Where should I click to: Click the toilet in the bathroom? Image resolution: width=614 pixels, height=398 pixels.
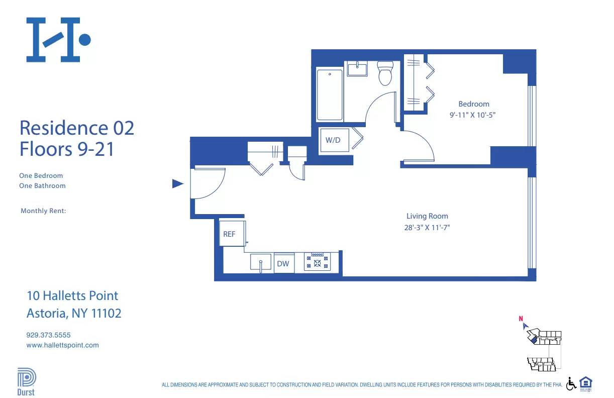pos(385,73)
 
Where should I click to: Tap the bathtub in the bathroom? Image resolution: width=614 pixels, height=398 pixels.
pos(330,95)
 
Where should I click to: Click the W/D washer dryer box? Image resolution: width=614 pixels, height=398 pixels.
pos(333,140)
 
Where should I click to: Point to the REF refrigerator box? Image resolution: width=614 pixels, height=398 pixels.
pos(230,234)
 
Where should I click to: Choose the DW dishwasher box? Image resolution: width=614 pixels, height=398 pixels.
pos(284,263)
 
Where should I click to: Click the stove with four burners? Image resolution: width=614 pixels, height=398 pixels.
pos(317,262)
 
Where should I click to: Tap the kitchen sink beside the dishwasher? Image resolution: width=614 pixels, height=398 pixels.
pos(261,262)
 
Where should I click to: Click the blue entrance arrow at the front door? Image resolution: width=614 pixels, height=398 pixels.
pos(177,184)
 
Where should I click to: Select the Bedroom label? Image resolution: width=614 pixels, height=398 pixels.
pos(473,104)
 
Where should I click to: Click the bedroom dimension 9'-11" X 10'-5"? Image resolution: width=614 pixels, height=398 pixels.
pos(473,115)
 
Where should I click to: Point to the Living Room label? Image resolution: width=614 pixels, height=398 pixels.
pos(427,216)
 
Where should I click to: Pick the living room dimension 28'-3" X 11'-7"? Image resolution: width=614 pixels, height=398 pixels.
pos(427,227)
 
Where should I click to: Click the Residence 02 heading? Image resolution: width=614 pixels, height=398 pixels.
pos(77,128)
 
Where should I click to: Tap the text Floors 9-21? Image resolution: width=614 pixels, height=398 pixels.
pos(67,149)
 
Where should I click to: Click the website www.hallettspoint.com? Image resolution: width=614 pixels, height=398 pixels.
pos(62,345)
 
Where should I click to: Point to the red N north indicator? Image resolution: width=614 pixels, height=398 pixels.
pos(522,318)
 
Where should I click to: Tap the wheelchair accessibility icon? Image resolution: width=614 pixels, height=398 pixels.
pos(571,384)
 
